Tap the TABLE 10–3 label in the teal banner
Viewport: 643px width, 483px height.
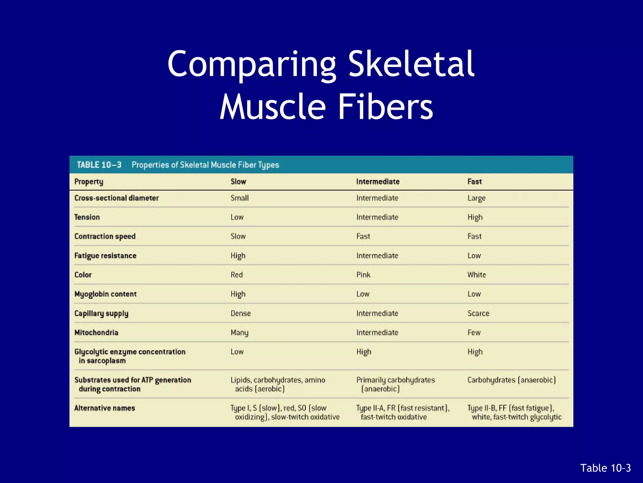[x=99, y=165]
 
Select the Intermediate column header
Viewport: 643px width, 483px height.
[x=378, y=181]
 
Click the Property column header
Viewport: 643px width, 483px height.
[x=89, y=182]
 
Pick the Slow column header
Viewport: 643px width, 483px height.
[x=238, y=181]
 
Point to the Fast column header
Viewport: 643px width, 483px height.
[x=474, y=181]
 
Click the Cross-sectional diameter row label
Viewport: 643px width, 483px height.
[x=116, y=198]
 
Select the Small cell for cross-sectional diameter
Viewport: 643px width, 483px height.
[x=240, y=198]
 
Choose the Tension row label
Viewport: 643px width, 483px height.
[x=87, y=217]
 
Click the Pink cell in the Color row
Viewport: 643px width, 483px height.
[x=363, y=275]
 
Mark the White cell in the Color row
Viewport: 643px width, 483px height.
[x=477, y=275]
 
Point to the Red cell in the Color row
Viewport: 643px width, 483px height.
[x=237, y=275]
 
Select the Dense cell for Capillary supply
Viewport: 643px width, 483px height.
[x=240, y=313]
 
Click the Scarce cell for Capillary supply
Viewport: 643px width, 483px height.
[x=478, y=313]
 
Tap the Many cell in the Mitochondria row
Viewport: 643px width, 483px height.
[x=239, y=333]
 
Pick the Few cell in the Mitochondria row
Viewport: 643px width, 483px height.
[x=474, y=333]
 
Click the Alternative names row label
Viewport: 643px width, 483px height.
[x=105, y=408]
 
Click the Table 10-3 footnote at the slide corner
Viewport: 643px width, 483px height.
[x=605, y=468]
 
